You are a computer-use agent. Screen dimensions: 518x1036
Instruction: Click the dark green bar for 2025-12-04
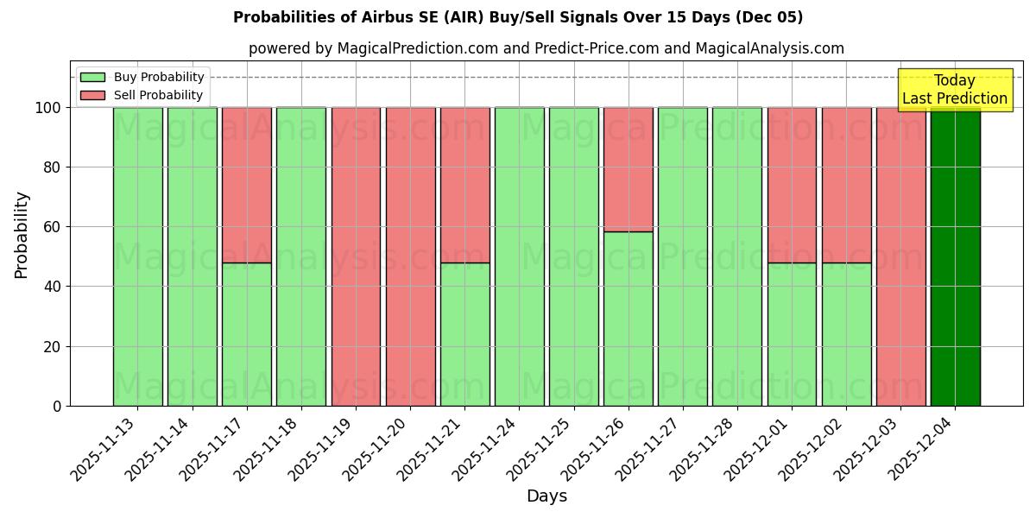tap(955, 256)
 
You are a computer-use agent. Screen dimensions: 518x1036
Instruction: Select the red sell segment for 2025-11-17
tap(247, 185)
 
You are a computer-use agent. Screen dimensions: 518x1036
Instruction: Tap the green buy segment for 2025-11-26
tap(628, 319)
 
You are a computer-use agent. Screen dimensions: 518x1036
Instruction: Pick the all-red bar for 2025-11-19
tap(356, 256)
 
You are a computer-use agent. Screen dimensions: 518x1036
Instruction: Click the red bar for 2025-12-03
tap(900, 256)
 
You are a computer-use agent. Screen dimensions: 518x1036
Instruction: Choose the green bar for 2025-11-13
tap(138, 256)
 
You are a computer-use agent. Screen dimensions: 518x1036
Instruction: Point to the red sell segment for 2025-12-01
tap(792, 185)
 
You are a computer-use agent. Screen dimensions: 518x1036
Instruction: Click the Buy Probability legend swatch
tap(92, 78)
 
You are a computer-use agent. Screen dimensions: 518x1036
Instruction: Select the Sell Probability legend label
tap(158, 96)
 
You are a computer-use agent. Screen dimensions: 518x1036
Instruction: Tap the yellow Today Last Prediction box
tap(954, 90)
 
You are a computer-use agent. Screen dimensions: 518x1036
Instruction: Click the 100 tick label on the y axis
tap(47, 108)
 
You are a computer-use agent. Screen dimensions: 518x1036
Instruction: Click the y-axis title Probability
tap(22, 235)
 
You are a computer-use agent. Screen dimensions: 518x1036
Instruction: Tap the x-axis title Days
tap(546, 496)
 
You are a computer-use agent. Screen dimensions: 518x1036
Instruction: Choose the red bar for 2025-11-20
tap(410, 256)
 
